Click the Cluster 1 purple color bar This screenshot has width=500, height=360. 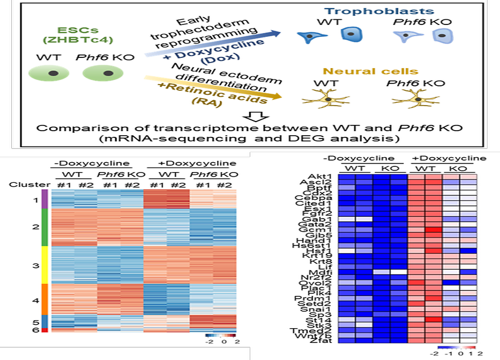44,200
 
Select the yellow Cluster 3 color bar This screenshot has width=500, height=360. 44,265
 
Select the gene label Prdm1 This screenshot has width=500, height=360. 322,296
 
